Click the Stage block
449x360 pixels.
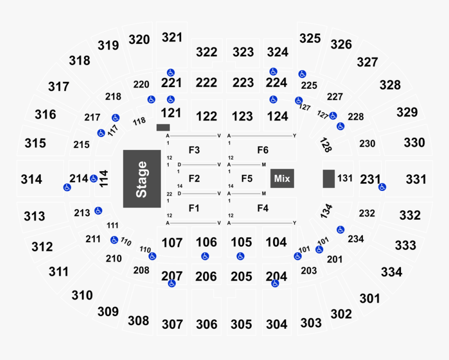(x=142, y=178)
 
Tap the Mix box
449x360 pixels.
(x=282, y=178)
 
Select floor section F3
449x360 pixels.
(x=194, y=150)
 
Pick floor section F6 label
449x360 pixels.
(x=263, y=150)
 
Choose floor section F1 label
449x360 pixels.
(x=194, y=208)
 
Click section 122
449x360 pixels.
(x=207, y=116)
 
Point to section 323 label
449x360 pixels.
(x=243, y=52)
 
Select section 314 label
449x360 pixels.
(x=31, y=179)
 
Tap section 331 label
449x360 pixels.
(x=416, y=179)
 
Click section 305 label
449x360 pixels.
(x=241, y=324)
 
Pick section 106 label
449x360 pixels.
(x=207, y=242)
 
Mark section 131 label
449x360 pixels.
(x=345, y=178)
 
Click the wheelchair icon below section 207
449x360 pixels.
(x=171, y=284)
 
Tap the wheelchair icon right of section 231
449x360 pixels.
(x=382, y=187)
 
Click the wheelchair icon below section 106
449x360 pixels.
(x=206, y=256)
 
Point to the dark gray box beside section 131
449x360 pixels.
(x=328, y=178)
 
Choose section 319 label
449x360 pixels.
(x=109, y=45)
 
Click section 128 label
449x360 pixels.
(x=326, y=145)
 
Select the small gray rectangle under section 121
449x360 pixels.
(x=163, y=127)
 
